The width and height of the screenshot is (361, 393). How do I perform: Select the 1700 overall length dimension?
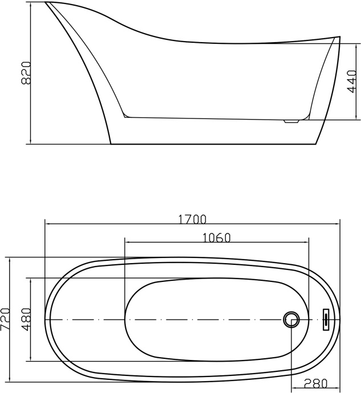[x=192, y=219]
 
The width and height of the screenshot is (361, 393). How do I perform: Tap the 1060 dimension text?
[x=216, y=238]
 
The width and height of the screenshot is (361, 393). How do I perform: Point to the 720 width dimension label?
[x=6, y=320]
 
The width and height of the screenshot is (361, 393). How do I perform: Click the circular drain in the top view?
[x=292, y=319]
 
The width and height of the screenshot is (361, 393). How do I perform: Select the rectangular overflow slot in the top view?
[x=326, y=319]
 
